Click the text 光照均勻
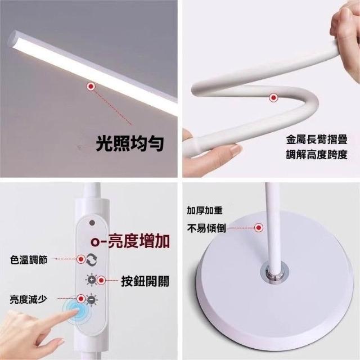pos(130,143)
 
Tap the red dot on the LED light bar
pos(91,86)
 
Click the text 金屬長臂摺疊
pos(317,139)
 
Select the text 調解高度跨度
pos(317,155)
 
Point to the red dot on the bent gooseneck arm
pos(273,98)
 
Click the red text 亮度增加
pos(139,241)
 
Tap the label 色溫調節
pos(29,260)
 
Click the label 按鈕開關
pos(145,281)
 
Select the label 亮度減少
pos(29,299)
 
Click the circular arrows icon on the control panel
pos(92,260)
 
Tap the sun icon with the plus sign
pos(92,280)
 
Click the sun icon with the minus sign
pos(92,299)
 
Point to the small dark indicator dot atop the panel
pos(92,223)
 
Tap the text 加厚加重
pos(205,210)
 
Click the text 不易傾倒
pos(206,228)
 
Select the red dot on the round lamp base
pos(259,227)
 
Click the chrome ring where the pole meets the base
pos(274,273)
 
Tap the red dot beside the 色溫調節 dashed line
pos(81,259)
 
